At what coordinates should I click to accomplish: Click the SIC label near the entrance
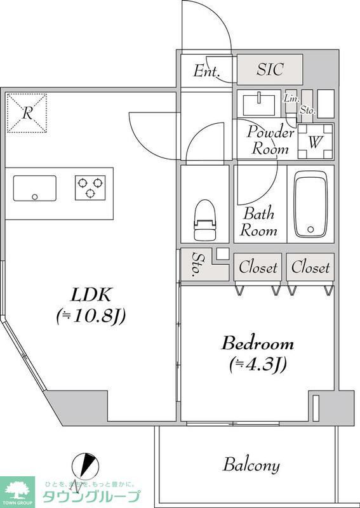270,70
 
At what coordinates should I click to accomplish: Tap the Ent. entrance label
206,71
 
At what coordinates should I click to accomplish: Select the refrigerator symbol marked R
27,113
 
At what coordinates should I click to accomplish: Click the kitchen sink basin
34,189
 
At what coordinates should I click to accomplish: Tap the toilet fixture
205,220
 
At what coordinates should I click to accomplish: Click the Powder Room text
270,141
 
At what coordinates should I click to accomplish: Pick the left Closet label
258,267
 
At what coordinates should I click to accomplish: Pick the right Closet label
310,267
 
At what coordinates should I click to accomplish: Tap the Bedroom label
257,344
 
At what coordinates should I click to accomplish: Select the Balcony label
251,465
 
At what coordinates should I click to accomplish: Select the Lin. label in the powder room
291,98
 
